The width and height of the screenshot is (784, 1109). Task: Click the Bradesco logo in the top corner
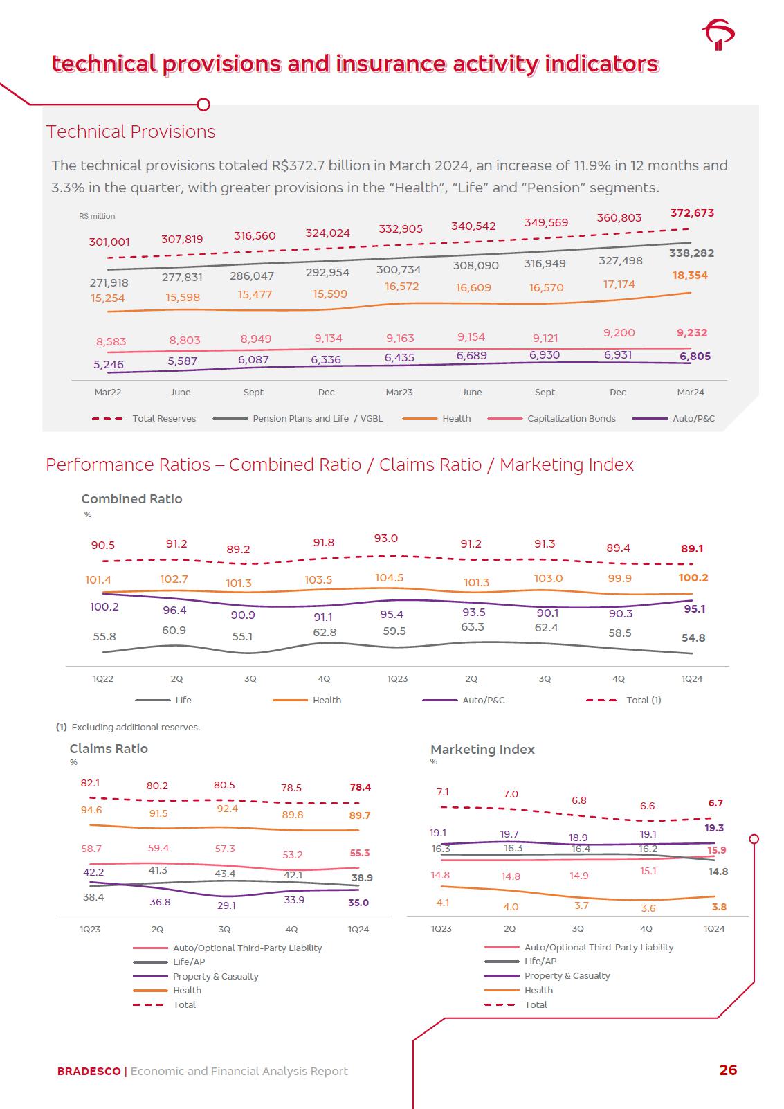tap(718, 35)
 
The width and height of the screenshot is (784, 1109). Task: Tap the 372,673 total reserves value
tap(691, 213)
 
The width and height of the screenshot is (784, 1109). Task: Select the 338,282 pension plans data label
tap(691, 253)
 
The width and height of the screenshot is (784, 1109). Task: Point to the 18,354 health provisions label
tap(689, 276)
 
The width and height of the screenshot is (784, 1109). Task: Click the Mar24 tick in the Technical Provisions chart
tap(690, 393)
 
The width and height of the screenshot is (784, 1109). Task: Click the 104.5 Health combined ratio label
tap(389, 578)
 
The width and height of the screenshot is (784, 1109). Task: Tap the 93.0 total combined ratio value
tap(385, 539)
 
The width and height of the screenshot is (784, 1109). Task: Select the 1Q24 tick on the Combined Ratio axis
tap(691, 679)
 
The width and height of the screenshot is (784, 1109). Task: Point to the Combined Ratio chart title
tap(131, 499)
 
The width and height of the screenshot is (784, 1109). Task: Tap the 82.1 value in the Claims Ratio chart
tap(90, 783)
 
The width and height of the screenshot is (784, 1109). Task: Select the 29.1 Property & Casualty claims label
tap(226, 905)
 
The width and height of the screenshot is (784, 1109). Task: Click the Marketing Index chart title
tap(482, 750)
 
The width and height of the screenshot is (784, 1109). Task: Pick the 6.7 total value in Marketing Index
tap(715, 804)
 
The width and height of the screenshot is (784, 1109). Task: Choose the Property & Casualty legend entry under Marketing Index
tap(567, 976)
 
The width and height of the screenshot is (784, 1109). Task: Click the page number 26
tap(728, 1070)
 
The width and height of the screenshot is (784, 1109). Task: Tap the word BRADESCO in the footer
tap(89, 1072)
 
